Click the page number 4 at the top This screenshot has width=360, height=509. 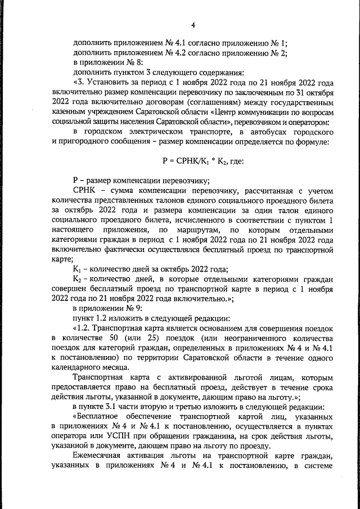[192, 25]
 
